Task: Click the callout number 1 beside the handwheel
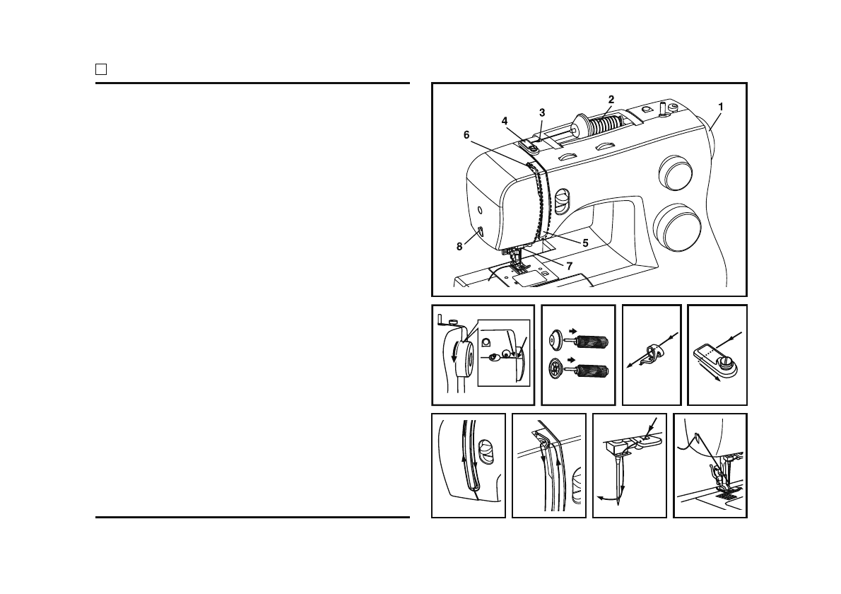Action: pos(720,107)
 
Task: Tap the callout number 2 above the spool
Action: pos(611,99)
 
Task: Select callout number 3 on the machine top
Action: pos(542,112)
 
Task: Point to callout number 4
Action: pos(505,121)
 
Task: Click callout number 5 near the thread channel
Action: pos(585,242)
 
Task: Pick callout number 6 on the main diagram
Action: pos(466,134)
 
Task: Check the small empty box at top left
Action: pos(101,69)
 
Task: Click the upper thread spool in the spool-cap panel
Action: pos(591,343)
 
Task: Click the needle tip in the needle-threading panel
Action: pos(619,503)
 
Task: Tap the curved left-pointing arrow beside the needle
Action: pos(606,497)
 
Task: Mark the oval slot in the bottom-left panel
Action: pos(486,452)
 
